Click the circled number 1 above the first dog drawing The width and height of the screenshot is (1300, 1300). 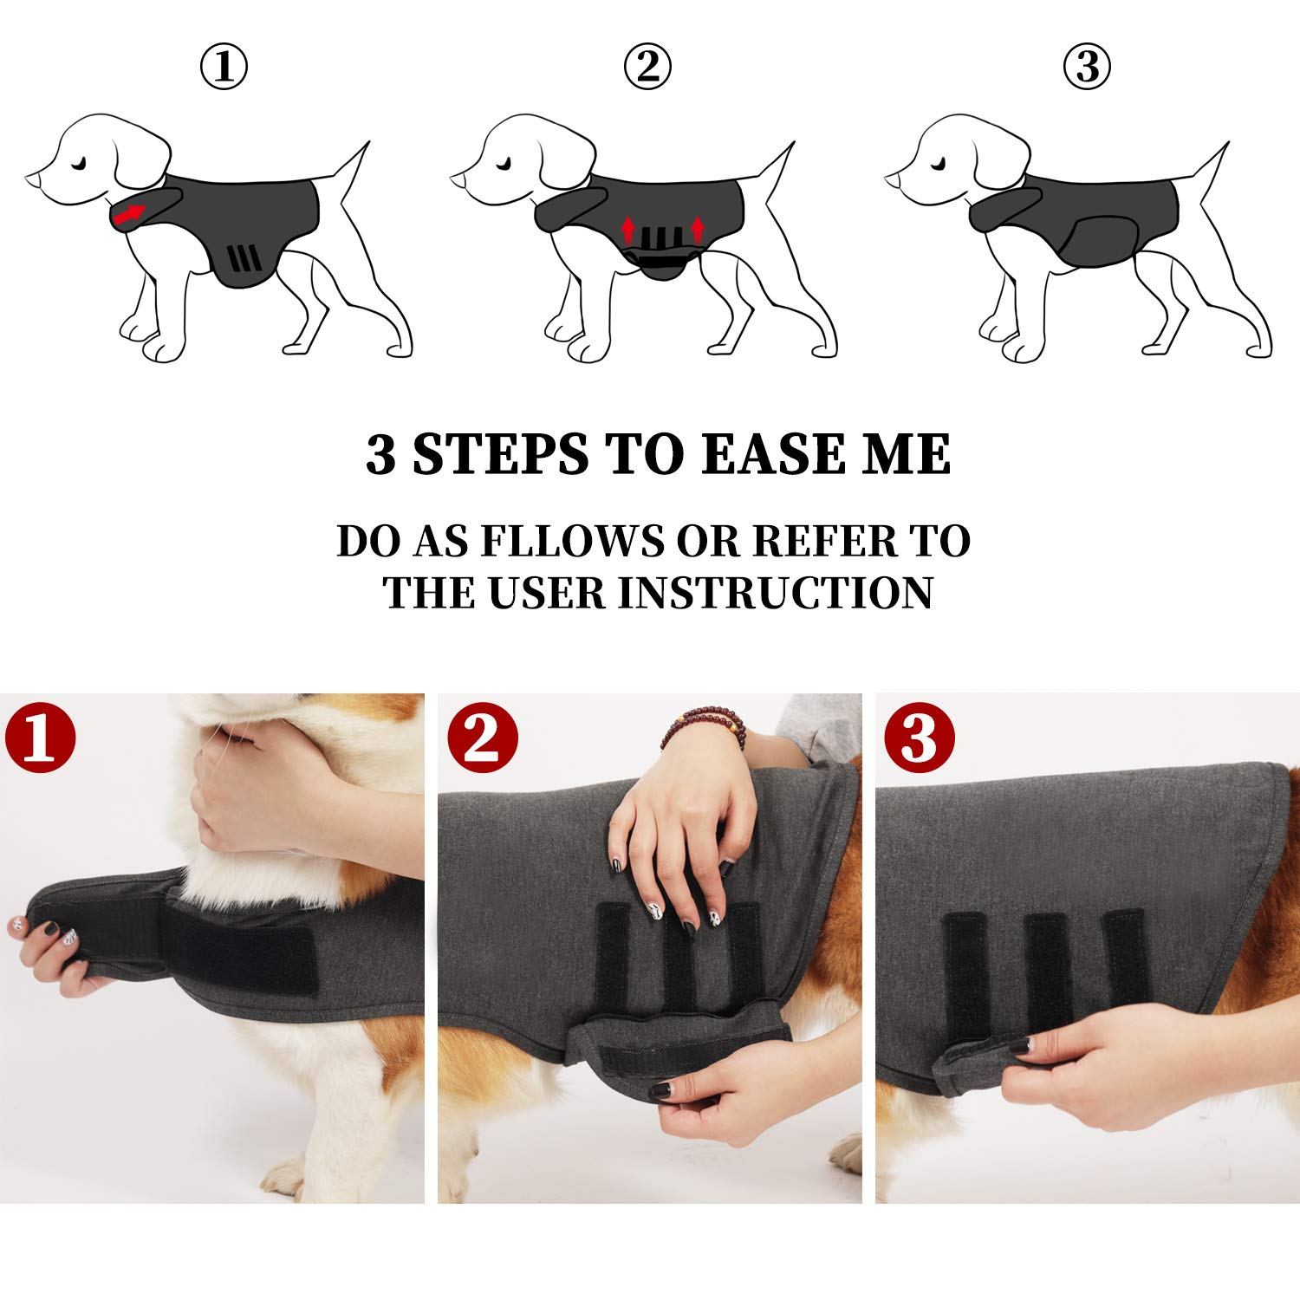(x=224, y=68)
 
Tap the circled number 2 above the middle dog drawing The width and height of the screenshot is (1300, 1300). (x=647, y=68)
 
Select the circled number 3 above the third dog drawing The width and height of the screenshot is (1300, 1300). (x=1087, y=68)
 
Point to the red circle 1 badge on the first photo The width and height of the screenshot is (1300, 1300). (x=41, y=738)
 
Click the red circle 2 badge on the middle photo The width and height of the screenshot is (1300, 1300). (x=483, y=738)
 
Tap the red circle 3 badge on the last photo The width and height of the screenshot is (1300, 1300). (x=920, y=738)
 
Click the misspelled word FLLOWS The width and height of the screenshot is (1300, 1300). (x=571, y=541)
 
